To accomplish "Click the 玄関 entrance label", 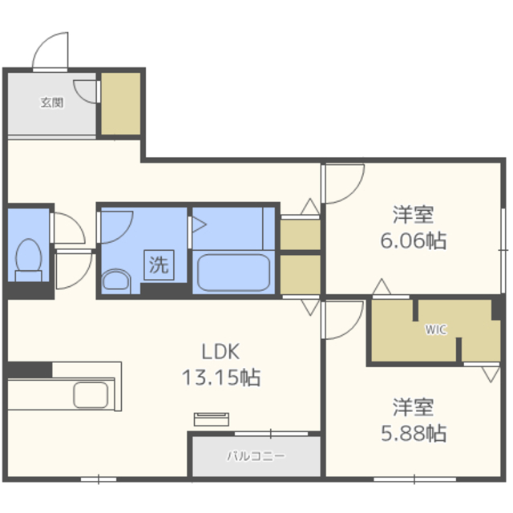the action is pos(51,103).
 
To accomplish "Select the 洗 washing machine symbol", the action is pos(159,265).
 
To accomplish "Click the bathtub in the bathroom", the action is pos(233,273).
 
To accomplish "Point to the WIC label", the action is pos(436,329).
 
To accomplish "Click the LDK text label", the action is pos(220,352).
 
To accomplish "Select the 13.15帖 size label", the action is pos(221,378).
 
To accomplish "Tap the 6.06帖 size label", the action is pos(414,240).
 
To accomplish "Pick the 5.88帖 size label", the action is pos(414,433).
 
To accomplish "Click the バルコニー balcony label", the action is pos(256,456).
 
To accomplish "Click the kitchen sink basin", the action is pos(91,395).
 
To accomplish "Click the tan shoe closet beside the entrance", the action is pos(121,103).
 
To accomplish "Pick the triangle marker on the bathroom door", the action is pos(199,224).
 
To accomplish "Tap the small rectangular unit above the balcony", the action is pos(212,419).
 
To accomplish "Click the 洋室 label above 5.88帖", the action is pos(414,407).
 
